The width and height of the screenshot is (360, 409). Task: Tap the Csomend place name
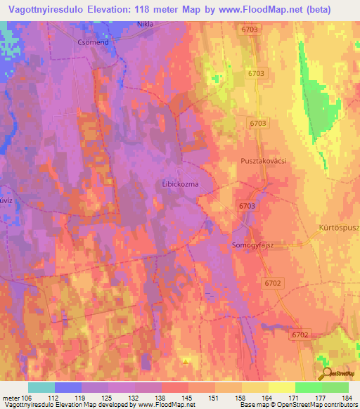click(90, 41)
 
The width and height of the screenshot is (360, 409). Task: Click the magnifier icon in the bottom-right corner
click(326, 374)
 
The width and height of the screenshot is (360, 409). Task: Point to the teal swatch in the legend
click(41, 387)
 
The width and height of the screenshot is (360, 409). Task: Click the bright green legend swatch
click(308, 387)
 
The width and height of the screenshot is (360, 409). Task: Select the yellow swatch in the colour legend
click(281, 387)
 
